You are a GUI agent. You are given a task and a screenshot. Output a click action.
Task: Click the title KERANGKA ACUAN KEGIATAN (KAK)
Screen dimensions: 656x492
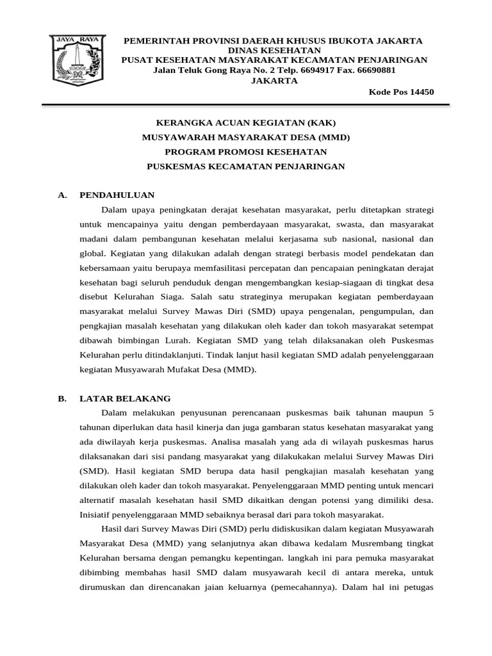[246, 122]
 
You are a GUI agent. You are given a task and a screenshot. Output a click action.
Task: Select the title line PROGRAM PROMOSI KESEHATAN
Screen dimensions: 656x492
[246, 152]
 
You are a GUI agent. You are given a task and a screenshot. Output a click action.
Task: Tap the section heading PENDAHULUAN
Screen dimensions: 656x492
[117, 195]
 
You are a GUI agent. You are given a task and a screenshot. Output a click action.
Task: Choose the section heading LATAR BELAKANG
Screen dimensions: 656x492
[125, 398]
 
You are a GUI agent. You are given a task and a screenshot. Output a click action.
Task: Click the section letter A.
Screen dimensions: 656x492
[61, 195]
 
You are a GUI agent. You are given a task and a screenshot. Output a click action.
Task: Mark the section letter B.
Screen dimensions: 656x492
[61, 398]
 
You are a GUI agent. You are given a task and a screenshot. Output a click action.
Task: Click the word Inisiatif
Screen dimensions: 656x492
[99, 514]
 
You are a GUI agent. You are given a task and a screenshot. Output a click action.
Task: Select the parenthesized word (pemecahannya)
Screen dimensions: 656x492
[300, 587]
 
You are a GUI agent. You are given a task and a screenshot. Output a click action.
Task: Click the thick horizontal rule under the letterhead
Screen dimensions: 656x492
[246, 104]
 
